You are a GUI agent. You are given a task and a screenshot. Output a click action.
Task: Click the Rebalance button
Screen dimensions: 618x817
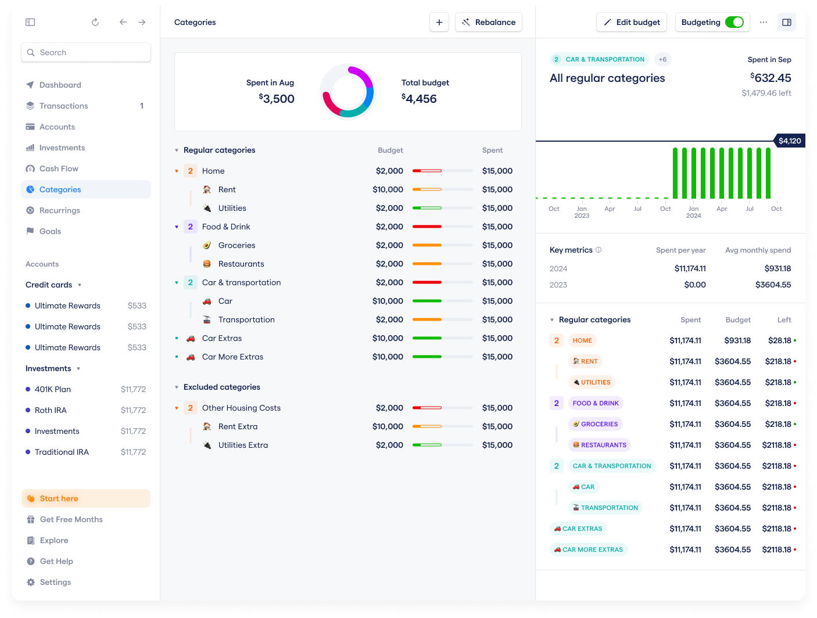click(489, 22)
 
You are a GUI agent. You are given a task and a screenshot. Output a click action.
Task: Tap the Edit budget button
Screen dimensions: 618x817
click(632, 22)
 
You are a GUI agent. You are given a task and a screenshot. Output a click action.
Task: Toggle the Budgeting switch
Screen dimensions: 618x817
click(734, 22)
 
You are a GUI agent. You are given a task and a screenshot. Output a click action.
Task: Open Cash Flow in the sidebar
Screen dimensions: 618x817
click(59, 168)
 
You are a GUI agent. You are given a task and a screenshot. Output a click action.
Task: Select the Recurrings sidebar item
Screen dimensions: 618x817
click(60, 210)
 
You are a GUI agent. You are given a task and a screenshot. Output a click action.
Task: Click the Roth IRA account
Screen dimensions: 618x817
click(51, 410)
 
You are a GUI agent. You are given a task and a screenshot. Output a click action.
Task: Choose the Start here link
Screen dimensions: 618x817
click(59, 498)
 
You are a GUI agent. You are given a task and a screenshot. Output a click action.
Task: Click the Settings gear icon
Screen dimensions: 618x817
click(31, 582)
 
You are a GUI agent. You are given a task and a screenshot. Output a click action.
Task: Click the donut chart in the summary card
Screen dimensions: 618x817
click(347, 92)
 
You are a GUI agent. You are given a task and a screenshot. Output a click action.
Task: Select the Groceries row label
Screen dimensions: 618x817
click(236, 245)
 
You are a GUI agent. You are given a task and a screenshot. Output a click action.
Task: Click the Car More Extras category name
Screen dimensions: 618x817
click(232, 357)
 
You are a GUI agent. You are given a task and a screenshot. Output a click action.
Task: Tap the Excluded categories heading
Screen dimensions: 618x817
click(221, 387)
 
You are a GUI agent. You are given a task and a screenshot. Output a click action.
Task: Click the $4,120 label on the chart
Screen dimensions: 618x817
click(790, 141)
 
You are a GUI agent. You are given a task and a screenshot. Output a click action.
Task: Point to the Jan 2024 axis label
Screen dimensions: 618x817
click(693, 212)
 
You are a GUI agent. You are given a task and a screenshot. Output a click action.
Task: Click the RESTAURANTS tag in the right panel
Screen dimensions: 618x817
click(600, 445)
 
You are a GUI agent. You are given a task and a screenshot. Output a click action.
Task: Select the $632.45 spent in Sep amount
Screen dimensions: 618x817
click(771, 78)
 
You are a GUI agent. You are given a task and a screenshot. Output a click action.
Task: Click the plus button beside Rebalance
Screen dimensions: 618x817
click(439, 22)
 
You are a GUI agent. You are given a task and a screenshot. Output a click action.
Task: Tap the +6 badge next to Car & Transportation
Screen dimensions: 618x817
click(662, 59)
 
